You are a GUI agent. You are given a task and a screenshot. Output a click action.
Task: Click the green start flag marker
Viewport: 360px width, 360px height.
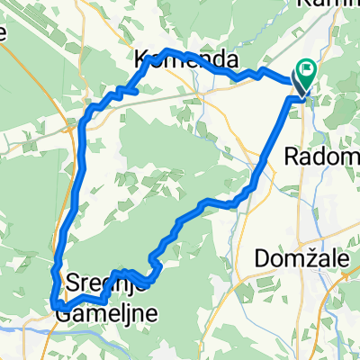(307, 67)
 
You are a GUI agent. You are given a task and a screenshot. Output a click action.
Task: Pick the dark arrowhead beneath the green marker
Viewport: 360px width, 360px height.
(300, 86)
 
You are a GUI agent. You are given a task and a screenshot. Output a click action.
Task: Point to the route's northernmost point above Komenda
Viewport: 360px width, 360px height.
(167, 50)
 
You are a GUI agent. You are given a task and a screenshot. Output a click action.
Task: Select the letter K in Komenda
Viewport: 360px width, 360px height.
(141, 60)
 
